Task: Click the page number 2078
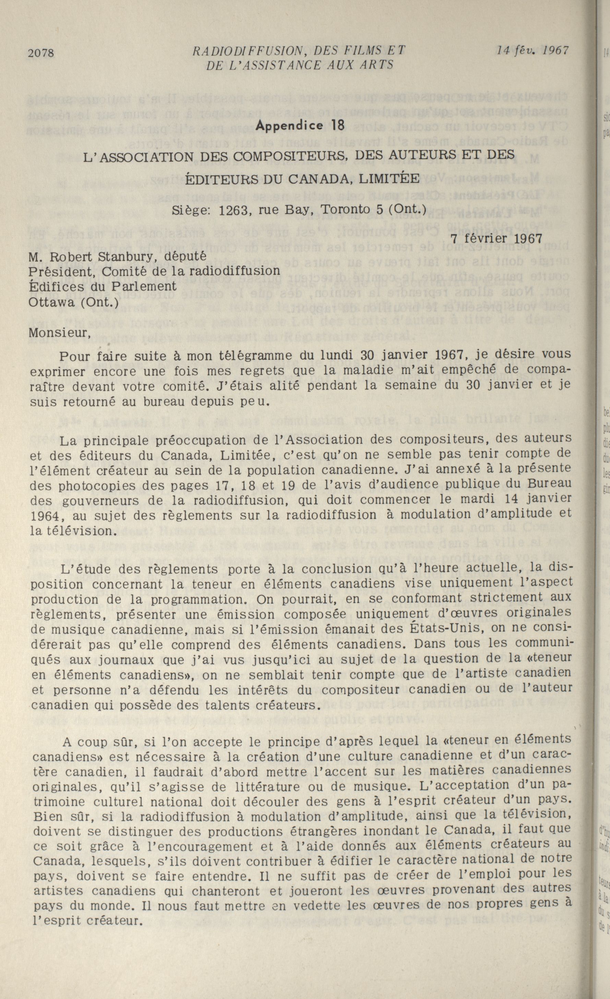41,53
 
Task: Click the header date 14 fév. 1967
533,50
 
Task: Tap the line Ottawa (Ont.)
73,303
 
